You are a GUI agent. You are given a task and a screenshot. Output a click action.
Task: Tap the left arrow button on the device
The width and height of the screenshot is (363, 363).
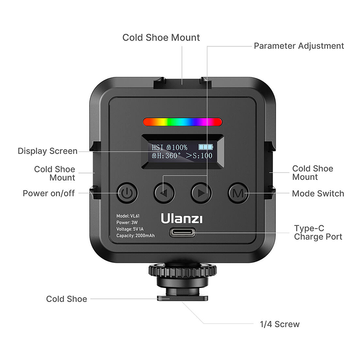pyautogui.click(x=164, y=193)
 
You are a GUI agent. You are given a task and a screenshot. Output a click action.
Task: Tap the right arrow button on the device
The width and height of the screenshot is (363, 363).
pyautogui.click(x=201, y=193)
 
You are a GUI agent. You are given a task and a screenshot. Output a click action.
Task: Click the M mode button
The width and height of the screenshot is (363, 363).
pyautogui.click(x=237, y=193)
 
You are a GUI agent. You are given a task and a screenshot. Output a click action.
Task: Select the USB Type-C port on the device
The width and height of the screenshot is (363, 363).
pyautogui.click(x=182, y=234)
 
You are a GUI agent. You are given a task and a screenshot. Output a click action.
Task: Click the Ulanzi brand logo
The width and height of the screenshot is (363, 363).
pyautogui.click(x=181, y=218)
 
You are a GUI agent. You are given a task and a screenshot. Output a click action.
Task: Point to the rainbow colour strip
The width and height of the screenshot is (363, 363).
pyautogui.click(x=182, y=122)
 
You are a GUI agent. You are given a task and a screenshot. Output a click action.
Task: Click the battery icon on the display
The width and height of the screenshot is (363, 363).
pyautogui.click(x=207, y=147)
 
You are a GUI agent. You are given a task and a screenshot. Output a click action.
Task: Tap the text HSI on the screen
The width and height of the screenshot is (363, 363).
pyautogui.click(x=158, y=147)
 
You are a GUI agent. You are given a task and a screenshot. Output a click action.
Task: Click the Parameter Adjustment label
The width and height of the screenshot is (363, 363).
pyautogui.click(x=299, y=46)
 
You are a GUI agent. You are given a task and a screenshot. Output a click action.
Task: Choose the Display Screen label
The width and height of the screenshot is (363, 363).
pyautogui.click(x=47, y=151)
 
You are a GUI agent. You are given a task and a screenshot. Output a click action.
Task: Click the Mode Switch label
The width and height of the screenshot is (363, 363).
pyautogui.click(x=318, y=193)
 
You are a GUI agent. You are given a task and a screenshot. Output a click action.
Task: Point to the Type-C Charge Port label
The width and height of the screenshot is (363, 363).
pyautogui.click(x=318, y=233)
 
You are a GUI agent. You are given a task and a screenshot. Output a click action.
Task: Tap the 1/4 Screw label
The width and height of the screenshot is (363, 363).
pyautogui.click(x=279, y=324)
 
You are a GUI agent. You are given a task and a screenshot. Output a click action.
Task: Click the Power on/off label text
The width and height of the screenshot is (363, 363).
pyautogui.click(x=49, y=193)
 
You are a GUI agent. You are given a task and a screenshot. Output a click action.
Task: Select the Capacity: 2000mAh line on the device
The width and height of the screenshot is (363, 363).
pyautogui.click(x=136, y=235)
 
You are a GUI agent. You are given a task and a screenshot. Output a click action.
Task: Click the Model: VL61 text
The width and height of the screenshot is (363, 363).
pyautogui.click(x=128, y=216)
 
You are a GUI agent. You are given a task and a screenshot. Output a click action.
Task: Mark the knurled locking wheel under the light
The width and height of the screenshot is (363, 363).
pyautogui.click(x=182, y=270)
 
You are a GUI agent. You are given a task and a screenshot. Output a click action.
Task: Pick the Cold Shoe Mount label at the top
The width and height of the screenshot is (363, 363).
pyautogui.click(x=161, y=37)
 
